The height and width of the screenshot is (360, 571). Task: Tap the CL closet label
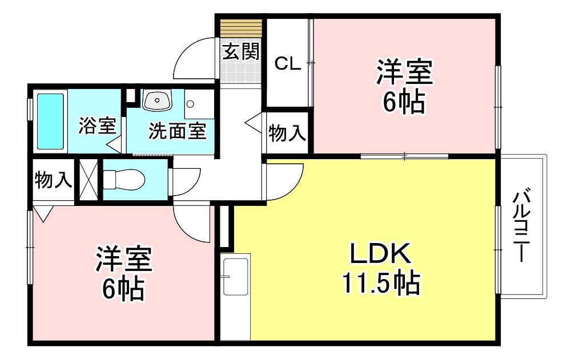287,63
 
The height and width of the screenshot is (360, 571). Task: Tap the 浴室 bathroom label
98,126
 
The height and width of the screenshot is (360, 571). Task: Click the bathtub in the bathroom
50,121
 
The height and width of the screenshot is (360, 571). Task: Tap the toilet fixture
124,180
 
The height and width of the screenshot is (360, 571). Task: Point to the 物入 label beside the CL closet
287,134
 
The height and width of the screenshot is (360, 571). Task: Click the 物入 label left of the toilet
53,180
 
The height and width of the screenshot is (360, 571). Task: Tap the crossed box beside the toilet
88,180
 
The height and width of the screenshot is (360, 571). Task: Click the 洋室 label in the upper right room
404,72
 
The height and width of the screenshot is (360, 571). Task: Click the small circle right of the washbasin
190,104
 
